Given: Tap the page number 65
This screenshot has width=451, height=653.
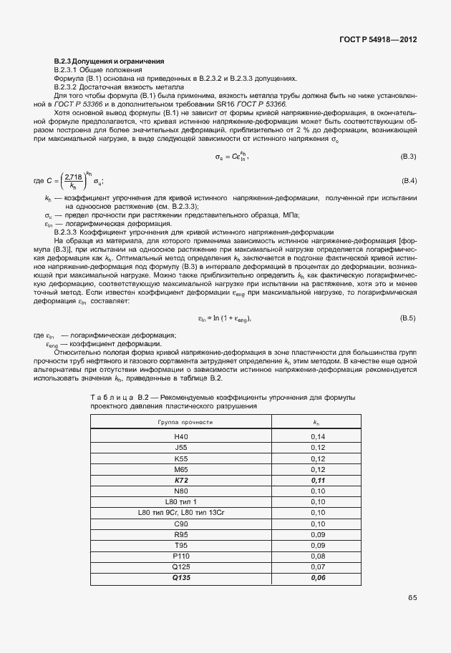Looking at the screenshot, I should (x=412, y=597).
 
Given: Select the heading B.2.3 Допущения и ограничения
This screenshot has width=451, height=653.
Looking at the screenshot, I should (x=110, y=61).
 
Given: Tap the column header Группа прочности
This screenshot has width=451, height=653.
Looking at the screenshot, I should (x=185, y=422).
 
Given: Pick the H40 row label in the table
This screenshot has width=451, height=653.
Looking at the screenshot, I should (x=180, y=436).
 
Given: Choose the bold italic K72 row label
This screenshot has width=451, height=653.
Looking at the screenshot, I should (x=180, y=481).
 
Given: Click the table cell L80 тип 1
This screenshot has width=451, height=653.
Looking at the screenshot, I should (x=180, y=502).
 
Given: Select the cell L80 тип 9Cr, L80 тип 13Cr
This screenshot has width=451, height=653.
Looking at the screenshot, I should (x=180, y=513).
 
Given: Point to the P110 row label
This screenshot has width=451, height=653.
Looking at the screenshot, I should (x=180, y=556).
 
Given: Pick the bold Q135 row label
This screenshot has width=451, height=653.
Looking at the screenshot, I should (x=180, y=577).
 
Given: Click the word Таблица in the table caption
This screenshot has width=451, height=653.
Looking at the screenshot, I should (x=110, y=396).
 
